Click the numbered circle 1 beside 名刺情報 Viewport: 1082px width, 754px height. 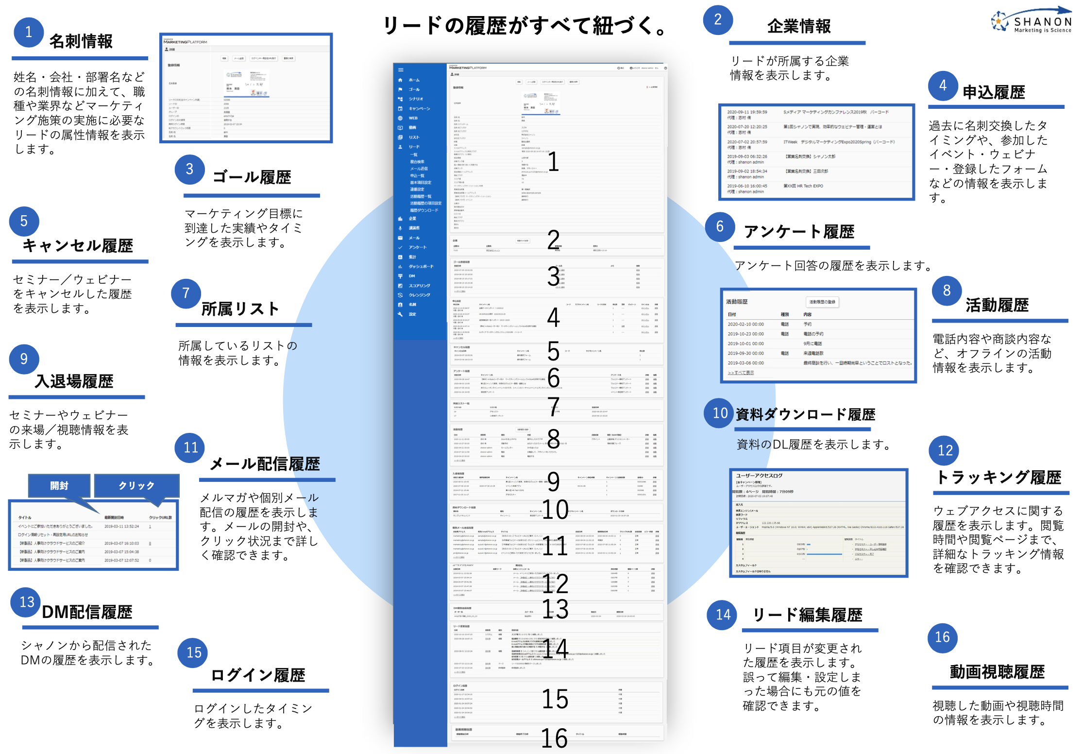(x=29, y=32)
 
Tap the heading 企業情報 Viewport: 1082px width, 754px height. (x=799, y=27)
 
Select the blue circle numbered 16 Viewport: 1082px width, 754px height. (x=942, y=637)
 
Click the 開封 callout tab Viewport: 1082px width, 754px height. (x=59, y=485)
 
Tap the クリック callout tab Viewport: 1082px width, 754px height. (x=136, y=485)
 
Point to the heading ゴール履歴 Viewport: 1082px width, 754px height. (x=252, y=177)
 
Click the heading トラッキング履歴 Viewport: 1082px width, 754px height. (x=998, y=478)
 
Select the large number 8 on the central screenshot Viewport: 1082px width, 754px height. (x=553, y=438)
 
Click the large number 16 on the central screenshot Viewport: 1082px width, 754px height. (x=554, y=738)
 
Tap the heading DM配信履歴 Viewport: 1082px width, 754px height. (x=87, y=612)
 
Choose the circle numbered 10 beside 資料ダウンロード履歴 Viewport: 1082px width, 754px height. (x=719, y=413)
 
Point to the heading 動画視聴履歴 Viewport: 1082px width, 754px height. (x=997, y=672)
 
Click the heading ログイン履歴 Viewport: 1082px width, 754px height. (x=258, y=675)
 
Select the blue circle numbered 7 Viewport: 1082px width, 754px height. (x=186, y=293)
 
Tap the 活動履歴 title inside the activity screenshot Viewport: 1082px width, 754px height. (x=737, y=302)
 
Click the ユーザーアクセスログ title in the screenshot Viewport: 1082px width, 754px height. (x=759, y=476)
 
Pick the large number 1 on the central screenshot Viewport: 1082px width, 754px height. (x=553, y=162)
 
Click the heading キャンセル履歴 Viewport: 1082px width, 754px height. (x=78, y=246)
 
